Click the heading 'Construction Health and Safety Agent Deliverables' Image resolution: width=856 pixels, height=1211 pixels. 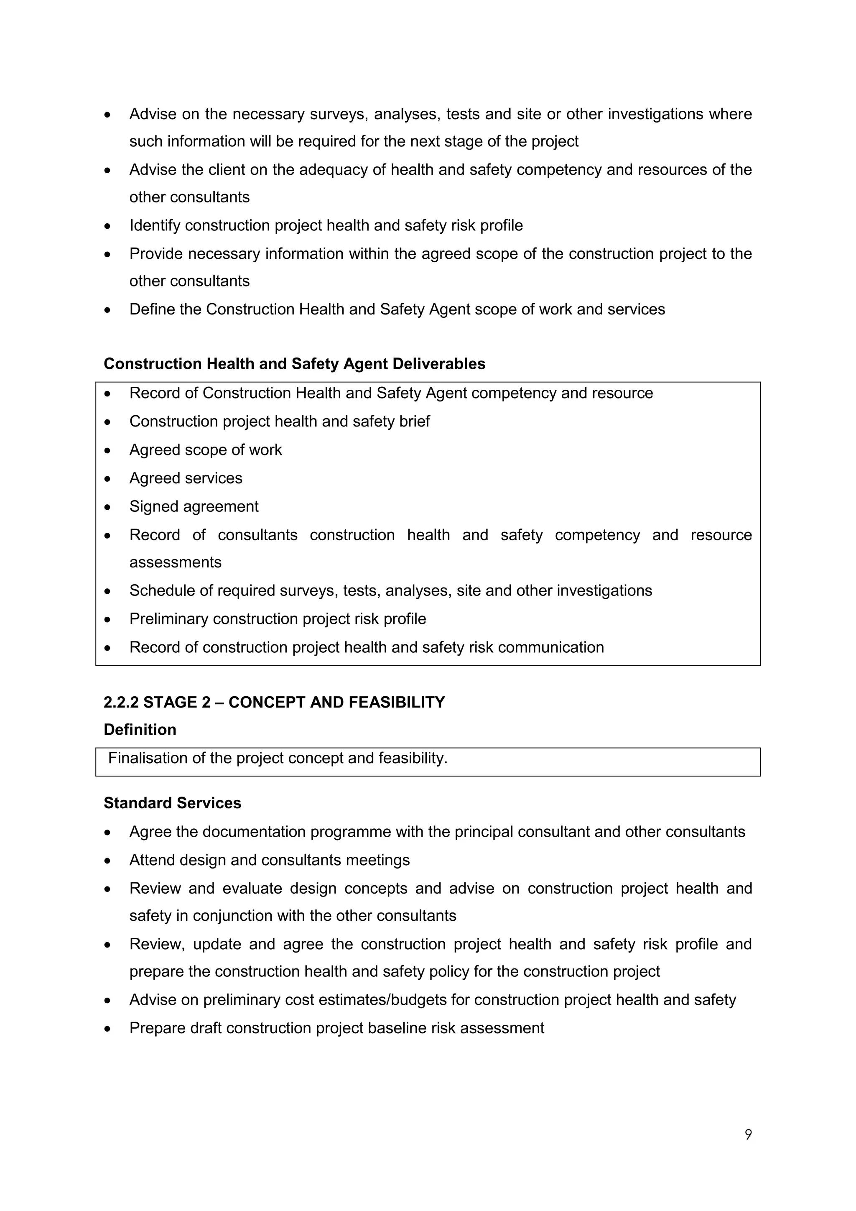pyautogui.click(x=294, y=364)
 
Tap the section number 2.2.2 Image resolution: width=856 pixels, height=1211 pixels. pyautogui.click(x=121, y=703)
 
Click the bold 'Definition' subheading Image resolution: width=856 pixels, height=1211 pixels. pyautogui.click(x=140, y=730)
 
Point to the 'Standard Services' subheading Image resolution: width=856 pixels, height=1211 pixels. pyautogui.click(x=172, y=803)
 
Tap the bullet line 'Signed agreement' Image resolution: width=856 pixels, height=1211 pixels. pyautogui.click(x=194, y=507)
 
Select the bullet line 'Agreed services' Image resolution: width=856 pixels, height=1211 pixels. pyautogui.click(x=186, y=478)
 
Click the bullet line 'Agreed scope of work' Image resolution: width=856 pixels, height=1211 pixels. pyautogui.click(x=206, y=450)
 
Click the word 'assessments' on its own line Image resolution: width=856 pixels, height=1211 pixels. pyautogui.click(x=175, y=563)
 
